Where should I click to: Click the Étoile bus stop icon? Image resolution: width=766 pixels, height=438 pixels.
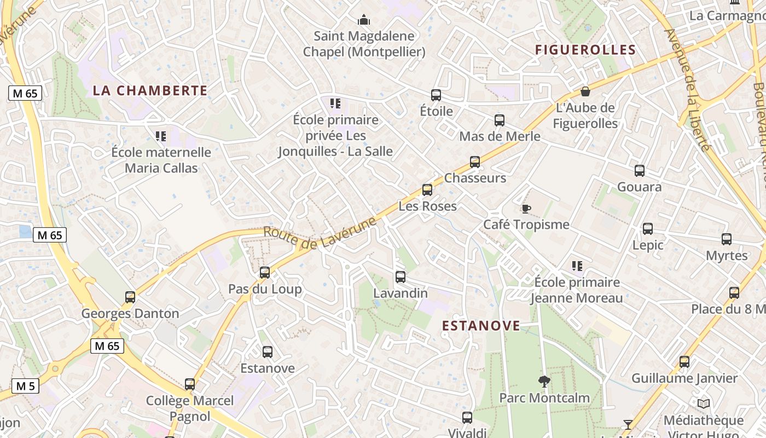[436, 95]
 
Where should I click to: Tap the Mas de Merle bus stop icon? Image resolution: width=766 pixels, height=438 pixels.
[500, 120]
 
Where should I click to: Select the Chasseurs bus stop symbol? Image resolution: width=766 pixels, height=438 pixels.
[475, 162]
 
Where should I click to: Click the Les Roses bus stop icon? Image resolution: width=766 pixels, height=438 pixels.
[427, 190]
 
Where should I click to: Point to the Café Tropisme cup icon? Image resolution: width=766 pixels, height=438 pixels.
[526, 209]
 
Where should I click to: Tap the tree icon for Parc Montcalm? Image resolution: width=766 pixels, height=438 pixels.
[544, 381]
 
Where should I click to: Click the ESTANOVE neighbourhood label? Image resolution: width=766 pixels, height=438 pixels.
[481, 326]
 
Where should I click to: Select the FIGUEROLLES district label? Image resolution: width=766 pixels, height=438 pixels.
[585, 50]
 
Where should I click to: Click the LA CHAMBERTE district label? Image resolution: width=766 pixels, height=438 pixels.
[150, 91]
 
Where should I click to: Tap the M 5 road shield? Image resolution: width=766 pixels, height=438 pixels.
[25, 386]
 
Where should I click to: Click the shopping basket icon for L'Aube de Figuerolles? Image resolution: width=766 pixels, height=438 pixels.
[585, 91]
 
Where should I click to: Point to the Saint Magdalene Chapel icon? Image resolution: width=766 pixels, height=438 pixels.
[364, 21]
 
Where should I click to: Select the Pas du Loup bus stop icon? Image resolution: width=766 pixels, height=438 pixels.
[265, 272]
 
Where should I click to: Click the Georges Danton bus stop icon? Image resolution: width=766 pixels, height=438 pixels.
[130, 297]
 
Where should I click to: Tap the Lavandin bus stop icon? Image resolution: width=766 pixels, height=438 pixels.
[401, 277]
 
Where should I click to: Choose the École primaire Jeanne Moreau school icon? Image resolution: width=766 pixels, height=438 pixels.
[577, 266]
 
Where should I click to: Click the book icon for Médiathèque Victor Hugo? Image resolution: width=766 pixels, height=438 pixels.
[704, 404]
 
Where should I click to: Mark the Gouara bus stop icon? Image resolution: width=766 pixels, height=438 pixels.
[640, 171]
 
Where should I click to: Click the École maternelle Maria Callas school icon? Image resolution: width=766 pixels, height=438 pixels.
[161, 136]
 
